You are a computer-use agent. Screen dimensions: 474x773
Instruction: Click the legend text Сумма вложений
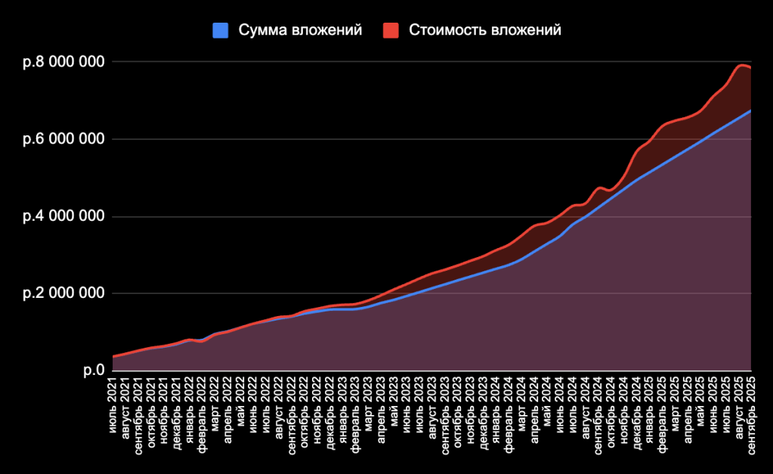[300, 30]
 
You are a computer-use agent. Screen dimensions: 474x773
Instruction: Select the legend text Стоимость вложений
[484, 30]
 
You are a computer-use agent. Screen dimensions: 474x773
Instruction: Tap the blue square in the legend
[221, 30]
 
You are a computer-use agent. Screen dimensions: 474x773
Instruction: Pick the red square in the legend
[390, 30]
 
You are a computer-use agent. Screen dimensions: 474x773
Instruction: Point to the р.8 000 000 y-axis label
[63, 62]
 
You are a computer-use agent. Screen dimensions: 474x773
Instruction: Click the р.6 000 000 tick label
[63, 139]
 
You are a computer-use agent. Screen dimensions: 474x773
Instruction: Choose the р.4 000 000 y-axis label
[63, 217]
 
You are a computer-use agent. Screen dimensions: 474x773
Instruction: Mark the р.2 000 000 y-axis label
[63, 293]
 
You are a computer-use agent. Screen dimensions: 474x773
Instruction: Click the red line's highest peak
[741, 65]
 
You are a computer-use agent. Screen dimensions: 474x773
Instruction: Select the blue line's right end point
[751, 110]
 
